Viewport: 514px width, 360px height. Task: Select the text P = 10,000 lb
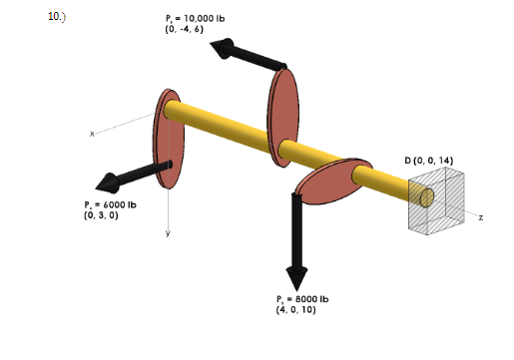click(196, 19)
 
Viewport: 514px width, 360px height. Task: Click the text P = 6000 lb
click(110, 204)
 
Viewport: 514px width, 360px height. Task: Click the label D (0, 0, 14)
click(429, 160)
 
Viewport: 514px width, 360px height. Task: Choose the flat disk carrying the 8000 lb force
click(334, 180)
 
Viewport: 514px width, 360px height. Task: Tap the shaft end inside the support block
click(425, 197)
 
